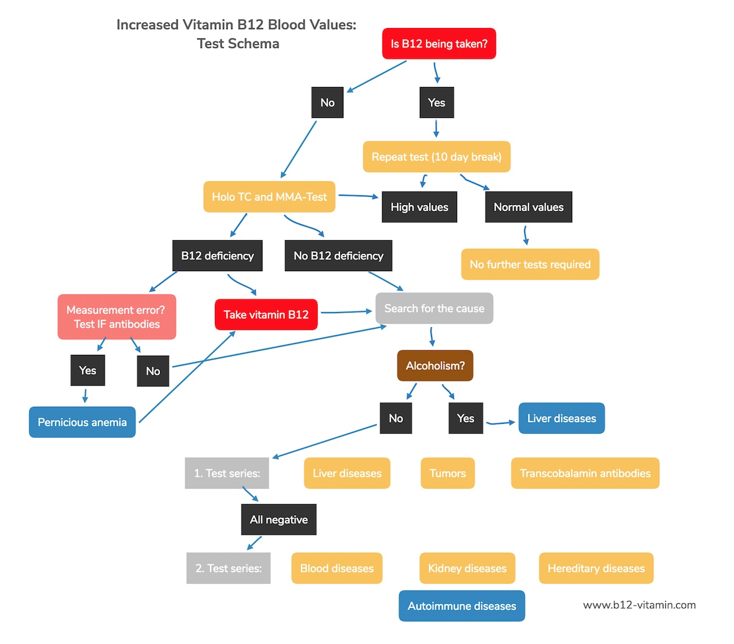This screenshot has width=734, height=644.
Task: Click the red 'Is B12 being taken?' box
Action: (439, 44)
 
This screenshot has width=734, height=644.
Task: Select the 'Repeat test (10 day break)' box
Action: (436, 157)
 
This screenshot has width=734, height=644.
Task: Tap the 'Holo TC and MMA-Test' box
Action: (269, 197)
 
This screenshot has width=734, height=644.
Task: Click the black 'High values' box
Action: (419, 207)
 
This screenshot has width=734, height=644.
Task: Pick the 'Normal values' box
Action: (528, 207)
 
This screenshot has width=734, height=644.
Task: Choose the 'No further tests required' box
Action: (530, 265)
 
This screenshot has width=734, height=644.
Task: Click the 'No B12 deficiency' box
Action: (338, 256)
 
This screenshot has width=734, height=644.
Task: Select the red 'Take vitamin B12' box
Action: (266, 314)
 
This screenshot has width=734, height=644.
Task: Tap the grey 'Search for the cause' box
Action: (434, 308)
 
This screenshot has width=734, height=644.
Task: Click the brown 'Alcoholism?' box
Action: (435, 365)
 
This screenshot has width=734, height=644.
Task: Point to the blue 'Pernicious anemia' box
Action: (82, 422)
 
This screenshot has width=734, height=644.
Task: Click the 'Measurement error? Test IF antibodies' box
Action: (117, 317)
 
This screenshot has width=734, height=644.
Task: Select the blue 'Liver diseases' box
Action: (561, 418)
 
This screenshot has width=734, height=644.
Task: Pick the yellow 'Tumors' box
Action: (447, 473)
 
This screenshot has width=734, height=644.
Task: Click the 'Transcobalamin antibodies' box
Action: (585, 473)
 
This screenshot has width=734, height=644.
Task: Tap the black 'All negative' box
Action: (279, 520)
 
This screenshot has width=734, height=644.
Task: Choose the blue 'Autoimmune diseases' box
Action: (461, 606)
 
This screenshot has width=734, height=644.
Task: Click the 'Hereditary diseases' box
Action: (596, 568)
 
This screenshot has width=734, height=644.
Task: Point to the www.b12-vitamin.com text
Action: (639, 605)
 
